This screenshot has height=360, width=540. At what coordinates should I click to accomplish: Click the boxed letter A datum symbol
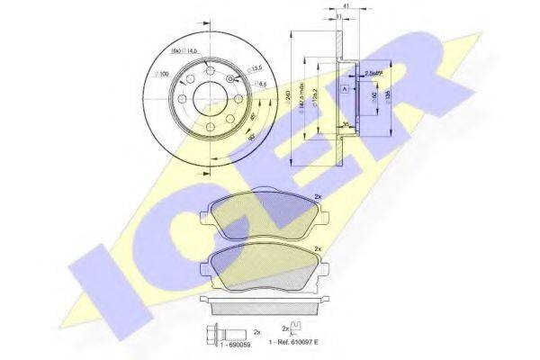(345, 89)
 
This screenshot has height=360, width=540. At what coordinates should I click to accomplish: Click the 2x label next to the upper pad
(316, 195)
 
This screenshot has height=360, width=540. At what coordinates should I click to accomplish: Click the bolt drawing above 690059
(216, 331)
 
